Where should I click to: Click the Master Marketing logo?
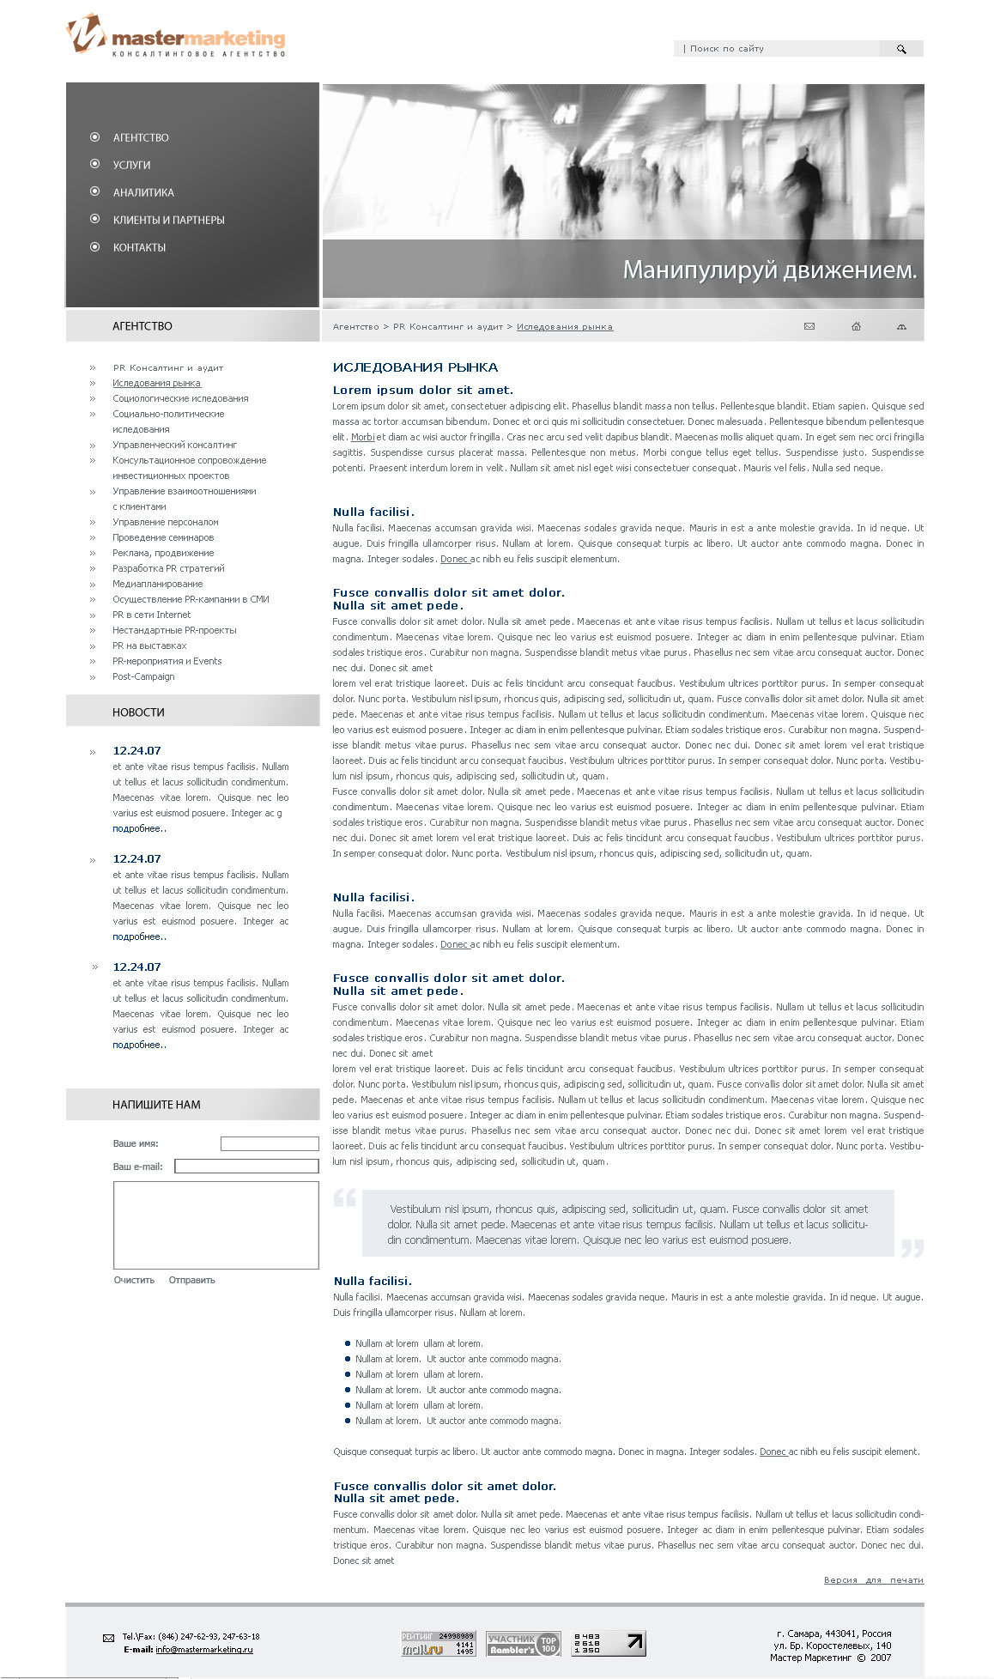pos(176,36)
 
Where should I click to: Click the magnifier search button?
pos(901,49)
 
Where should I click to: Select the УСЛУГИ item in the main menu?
pos(131,165)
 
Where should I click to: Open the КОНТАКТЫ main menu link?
pos(139,247)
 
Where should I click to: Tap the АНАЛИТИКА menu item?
pos(143,192)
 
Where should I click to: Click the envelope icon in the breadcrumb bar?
pos(809,326)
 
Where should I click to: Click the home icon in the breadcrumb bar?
pos(856,326)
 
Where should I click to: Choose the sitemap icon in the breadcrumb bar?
pos(901,326)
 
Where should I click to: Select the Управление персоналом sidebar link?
pos(166,522)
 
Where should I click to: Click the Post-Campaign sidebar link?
pos(143,676)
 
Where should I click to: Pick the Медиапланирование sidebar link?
pos(158,584)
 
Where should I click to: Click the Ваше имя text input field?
pos(270,1143)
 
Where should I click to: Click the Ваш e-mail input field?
pos(246,1166)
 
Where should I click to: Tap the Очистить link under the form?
pos(134,1280)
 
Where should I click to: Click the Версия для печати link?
pos(873,1579)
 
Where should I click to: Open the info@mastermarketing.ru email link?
pos(204,1649)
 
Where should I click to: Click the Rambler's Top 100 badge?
pos(523,1643)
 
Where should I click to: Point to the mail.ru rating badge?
pos(438,1643)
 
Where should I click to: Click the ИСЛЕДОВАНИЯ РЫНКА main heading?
pos(415,367)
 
